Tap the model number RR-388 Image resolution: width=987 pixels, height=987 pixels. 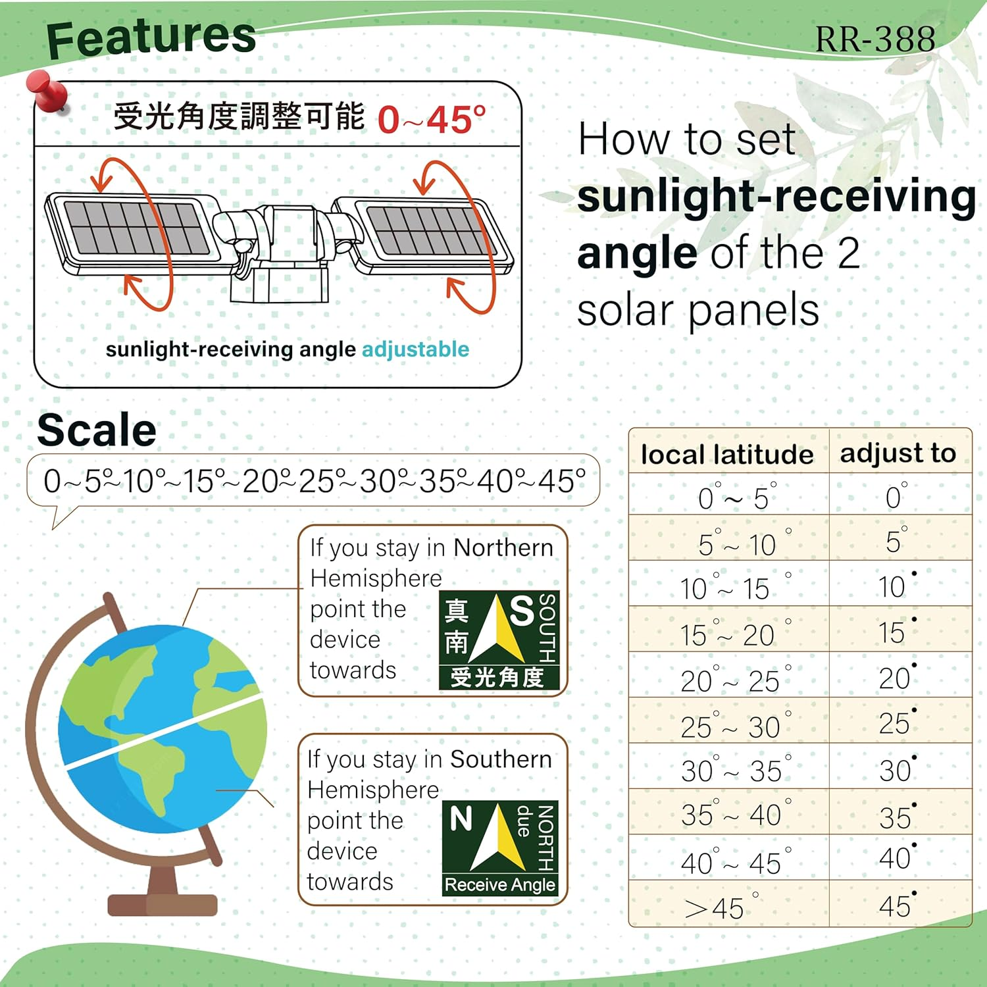pos(875,39)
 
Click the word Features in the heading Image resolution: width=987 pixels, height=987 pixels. pos(151,38)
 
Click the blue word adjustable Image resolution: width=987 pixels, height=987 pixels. pos(415,349)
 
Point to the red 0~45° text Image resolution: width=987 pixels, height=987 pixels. pos(432,120)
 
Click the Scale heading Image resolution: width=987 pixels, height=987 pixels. pos(97,430)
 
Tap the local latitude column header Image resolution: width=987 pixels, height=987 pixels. pos(727,454)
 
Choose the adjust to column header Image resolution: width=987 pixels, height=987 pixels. pos(898,453)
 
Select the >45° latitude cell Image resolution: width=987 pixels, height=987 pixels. pos(721,907)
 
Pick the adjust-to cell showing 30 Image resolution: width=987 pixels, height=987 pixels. pos(897,770)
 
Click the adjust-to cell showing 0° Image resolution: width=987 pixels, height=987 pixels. pos(896,497)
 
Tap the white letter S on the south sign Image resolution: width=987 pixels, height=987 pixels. pos(522,611)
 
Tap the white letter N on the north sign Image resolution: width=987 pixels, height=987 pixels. pos(461,819)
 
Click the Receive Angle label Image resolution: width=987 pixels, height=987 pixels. pos(499,884)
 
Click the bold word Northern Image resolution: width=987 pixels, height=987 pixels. pos(503,547)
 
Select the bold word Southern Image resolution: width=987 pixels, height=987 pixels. pos(501,759)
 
